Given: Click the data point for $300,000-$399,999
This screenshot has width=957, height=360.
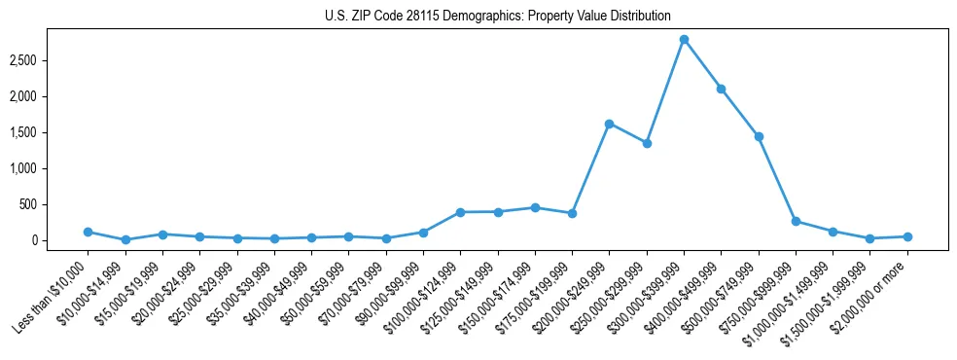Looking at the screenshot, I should click(684, 39).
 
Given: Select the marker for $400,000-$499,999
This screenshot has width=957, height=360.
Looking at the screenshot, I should click(721, 89).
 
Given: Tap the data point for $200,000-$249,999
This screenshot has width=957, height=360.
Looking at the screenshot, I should click(609, 124).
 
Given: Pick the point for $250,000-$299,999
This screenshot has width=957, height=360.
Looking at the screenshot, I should click(647, 143).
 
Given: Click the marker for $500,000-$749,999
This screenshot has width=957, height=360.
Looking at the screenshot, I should click(759, 136).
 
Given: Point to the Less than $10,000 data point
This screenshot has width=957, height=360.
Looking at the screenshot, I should click(88, 232).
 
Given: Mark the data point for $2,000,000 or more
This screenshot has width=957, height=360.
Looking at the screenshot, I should click(907, 236).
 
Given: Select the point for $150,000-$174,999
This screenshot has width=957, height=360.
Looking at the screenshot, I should click(535, 207).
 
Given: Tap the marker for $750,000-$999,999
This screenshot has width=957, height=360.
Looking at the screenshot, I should click(796, 221).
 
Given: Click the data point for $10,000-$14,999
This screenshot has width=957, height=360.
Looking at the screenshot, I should click(125, 239).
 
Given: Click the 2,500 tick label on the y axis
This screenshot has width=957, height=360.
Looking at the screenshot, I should click(22, 60).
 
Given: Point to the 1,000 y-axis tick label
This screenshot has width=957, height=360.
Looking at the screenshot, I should click(22, 168).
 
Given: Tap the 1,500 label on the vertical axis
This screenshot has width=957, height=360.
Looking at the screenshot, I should click(22, 132).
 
